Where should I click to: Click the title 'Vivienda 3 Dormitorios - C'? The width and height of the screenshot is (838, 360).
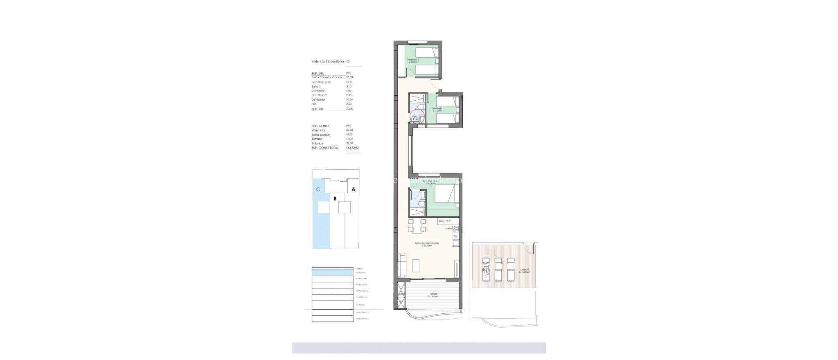click(330, 61)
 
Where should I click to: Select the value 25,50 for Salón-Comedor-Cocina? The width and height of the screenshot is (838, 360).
click(349, 77)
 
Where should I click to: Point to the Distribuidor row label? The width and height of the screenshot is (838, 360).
click(318, 99)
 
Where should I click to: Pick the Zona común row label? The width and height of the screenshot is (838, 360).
click(321, 135)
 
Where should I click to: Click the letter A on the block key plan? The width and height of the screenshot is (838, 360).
click(67, 189)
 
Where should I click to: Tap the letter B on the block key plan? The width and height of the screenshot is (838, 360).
click(48, 199)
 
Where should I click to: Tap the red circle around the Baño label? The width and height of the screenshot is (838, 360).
click(418, 117)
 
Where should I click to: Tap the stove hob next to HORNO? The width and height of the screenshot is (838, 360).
click(455, 229)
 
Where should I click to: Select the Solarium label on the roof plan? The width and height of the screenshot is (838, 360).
click(525, 270)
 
